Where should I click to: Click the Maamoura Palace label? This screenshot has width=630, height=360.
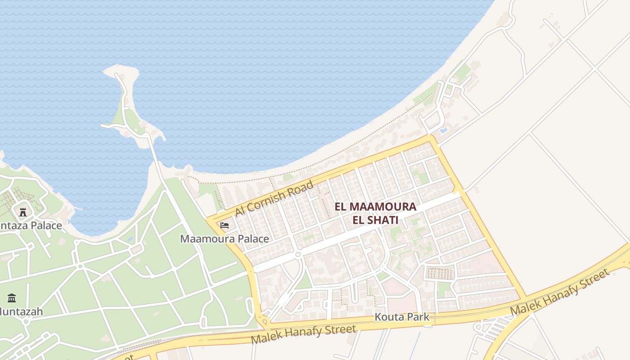point(225,239)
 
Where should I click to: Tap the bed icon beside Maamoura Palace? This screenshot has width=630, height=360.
point(225,225)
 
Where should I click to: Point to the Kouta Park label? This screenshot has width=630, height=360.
point(402,317)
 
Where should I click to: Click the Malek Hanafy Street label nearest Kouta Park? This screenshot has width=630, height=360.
point(304,334)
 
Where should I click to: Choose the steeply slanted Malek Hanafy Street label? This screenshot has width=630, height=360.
point(561,292)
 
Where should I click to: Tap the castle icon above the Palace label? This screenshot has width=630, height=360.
point(23,212)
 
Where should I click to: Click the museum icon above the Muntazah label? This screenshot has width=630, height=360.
point(12,298)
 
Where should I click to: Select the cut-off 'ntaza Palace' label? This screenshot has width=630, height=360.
point(31,225)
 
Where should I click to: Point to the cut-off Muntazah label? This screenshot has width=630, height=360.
point(21,311)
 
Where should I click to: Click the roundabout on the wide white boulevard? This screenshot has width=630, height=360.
point(297,255)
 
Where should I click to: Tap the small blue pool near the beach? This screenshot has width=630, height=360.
point(444,130)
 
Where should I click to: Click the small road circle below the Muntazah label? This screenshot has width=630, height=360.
point(26,322)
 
